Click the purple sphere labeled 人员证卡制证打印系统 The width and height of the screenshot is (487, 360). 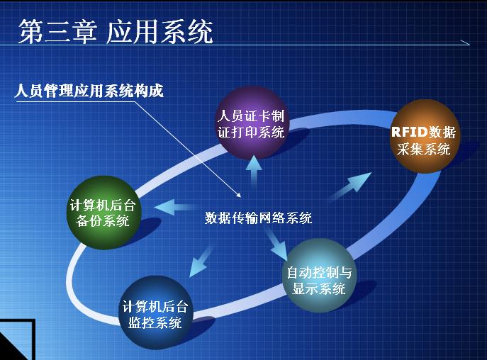[252, 123]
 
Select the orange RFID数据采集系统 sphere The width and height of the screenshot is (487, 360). [425, 136]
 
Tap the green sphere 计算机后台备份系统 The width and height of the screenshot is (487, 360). [104, 213]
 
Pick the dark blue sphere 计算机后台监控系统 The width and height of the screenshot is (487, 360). [155, 313]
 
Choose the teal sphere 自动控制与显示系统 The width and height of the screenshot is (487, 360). [319, 275]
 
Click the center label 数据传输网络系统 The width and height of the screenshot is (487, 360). [258, 218]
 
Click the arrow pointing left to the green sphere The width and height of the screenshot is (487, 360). [174, 206]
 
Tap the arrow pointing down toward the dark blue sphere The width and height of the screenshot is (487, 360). [201, 261]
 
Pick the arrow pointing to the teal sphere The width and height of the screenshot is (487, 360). [276, 244]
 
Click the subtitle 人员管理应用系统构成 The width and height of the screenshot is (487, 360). [89, 91]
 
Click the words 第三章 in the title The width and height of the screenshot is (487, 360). [57, 32]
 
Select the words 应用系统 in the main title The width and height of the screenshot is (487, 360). [159, 32]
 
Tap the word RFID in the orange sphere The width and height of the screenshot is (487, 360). [409, 132]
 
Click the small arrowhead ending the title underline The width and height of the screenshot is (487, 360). [465, 43]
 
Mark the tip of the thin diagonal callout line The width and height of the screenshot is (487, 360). [241, 197]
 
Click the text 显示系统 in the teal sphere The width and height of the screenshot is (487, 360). [319, 288]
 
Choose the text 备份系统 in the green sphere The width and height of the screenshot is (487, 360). [103, 220]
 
